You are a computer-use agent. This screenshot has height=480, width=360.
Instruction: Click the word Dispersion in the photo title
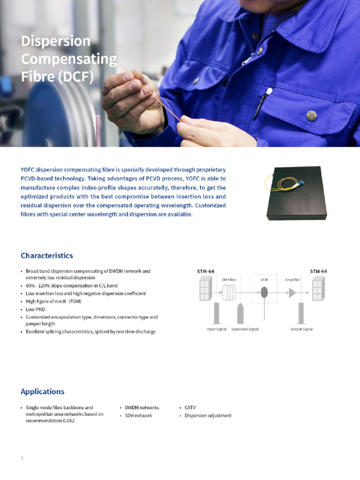click(x=56, y=41)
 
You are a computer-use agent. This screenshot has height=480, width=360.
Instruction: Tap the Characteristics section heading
click(x=47, y=255)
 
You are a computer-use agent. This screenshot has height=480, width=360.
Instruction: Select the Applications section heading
click(x=43, y=391)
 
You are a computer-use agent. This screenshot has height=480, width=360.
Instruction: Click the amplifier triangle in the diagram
click(x=292, y=292)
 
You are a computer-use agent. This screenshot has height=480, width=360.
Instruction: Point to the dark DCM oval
click(x=264, y=292)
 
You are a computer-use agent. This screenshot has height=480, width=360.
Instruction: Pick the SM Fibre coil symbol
click(x=228, y=293)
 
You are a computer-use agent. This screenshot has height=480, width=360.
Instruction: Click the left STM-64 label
click(x=205, y=271)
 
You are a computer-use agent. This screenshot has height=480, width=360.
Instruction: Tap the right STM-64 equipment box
click(x=318, y=288)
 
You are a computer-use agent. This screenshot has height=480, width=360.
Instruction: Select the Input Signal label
click(x=217, y=329)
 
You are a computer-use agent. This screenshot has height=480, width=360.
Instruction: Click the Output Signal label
click(x=301, y=329)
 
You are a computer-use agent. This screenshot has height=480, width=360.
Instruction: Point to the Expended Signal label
click(x=245, y=329)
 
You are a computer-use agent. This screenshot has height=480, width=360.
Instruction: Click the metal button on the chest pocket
click(x=310, y=115)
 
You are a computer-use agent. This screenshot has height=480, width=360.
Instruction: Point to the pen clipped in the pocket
click(x=266, y=98)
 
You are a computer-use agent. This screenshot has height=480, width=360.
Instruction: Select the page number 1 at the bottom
click(x=22, y=458)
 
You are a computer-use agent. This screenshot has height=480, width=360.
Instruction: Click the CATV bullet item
click(x=190, y=408)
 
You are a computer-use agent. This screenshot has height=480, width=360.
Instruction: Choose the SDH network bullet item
click(x=138, y=416)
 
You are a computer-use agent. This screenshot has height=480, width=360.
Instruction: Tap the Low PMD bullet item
click(x=35, y=309)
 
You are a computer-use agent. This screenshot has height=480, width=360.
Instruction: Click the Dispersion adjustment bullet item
click(x=208, y=416)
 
